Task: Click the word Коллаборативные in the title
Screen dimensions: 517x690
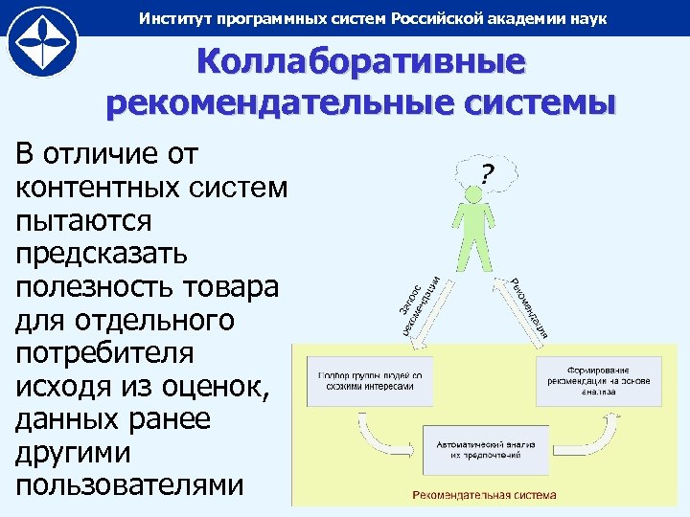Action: point(361,65)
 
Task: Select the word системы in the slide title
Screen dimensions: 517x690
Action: point(522,102)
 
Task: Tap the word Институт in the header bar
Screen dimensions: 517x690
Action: point(173,18)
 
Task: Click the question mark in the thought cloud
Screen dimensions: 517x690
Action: point(487,173)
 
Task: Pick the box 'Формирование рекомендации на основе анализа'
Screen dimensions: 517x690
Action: point(597,375)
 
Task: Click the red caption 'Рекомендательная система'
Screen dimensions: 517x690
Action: point(484,495)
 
